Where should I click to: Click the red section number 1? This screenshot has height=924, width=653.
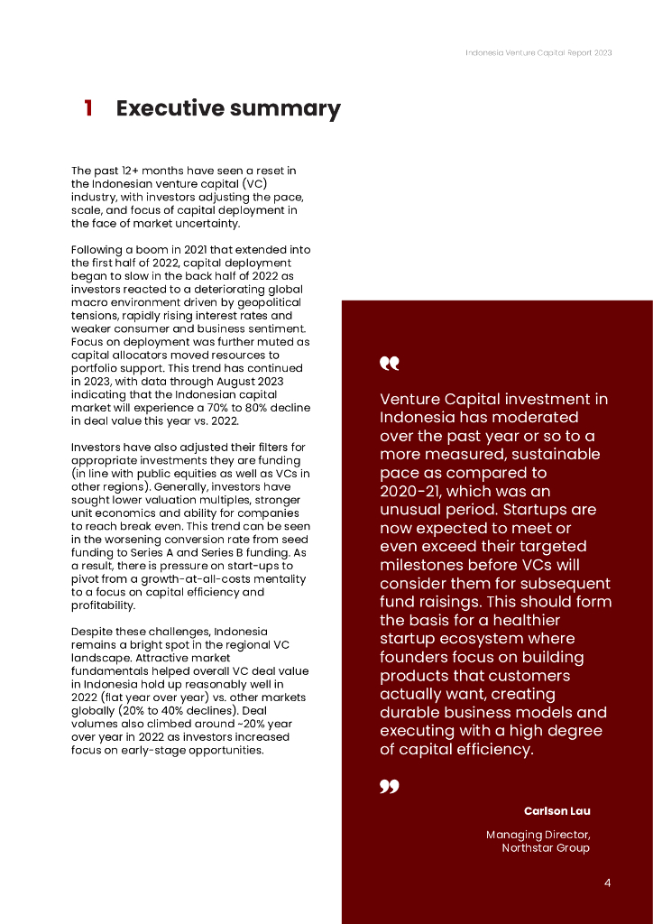(88, 109)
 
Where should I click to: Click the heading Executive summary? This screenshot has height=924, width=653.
(228, 109)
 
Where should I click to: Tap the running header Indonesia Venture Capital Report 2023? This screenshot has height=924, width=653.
(538, 52)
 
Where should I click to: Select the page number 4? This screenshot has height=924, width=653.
(607, 882)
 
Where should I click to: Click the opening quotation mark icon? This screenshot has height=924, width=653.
(389, 364)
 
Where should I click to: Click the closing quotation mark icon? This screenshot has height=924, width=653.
(389, 788)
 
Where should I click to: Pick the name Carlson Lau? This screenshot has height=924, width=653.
(556, 811)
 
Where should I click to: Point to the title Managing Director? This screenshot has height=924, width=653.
(538, 835)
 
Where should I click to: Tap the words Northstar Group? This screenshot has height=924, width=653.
(545, 848)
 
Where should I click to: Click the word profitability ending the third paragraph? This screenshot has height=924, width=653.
(103, 605)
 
